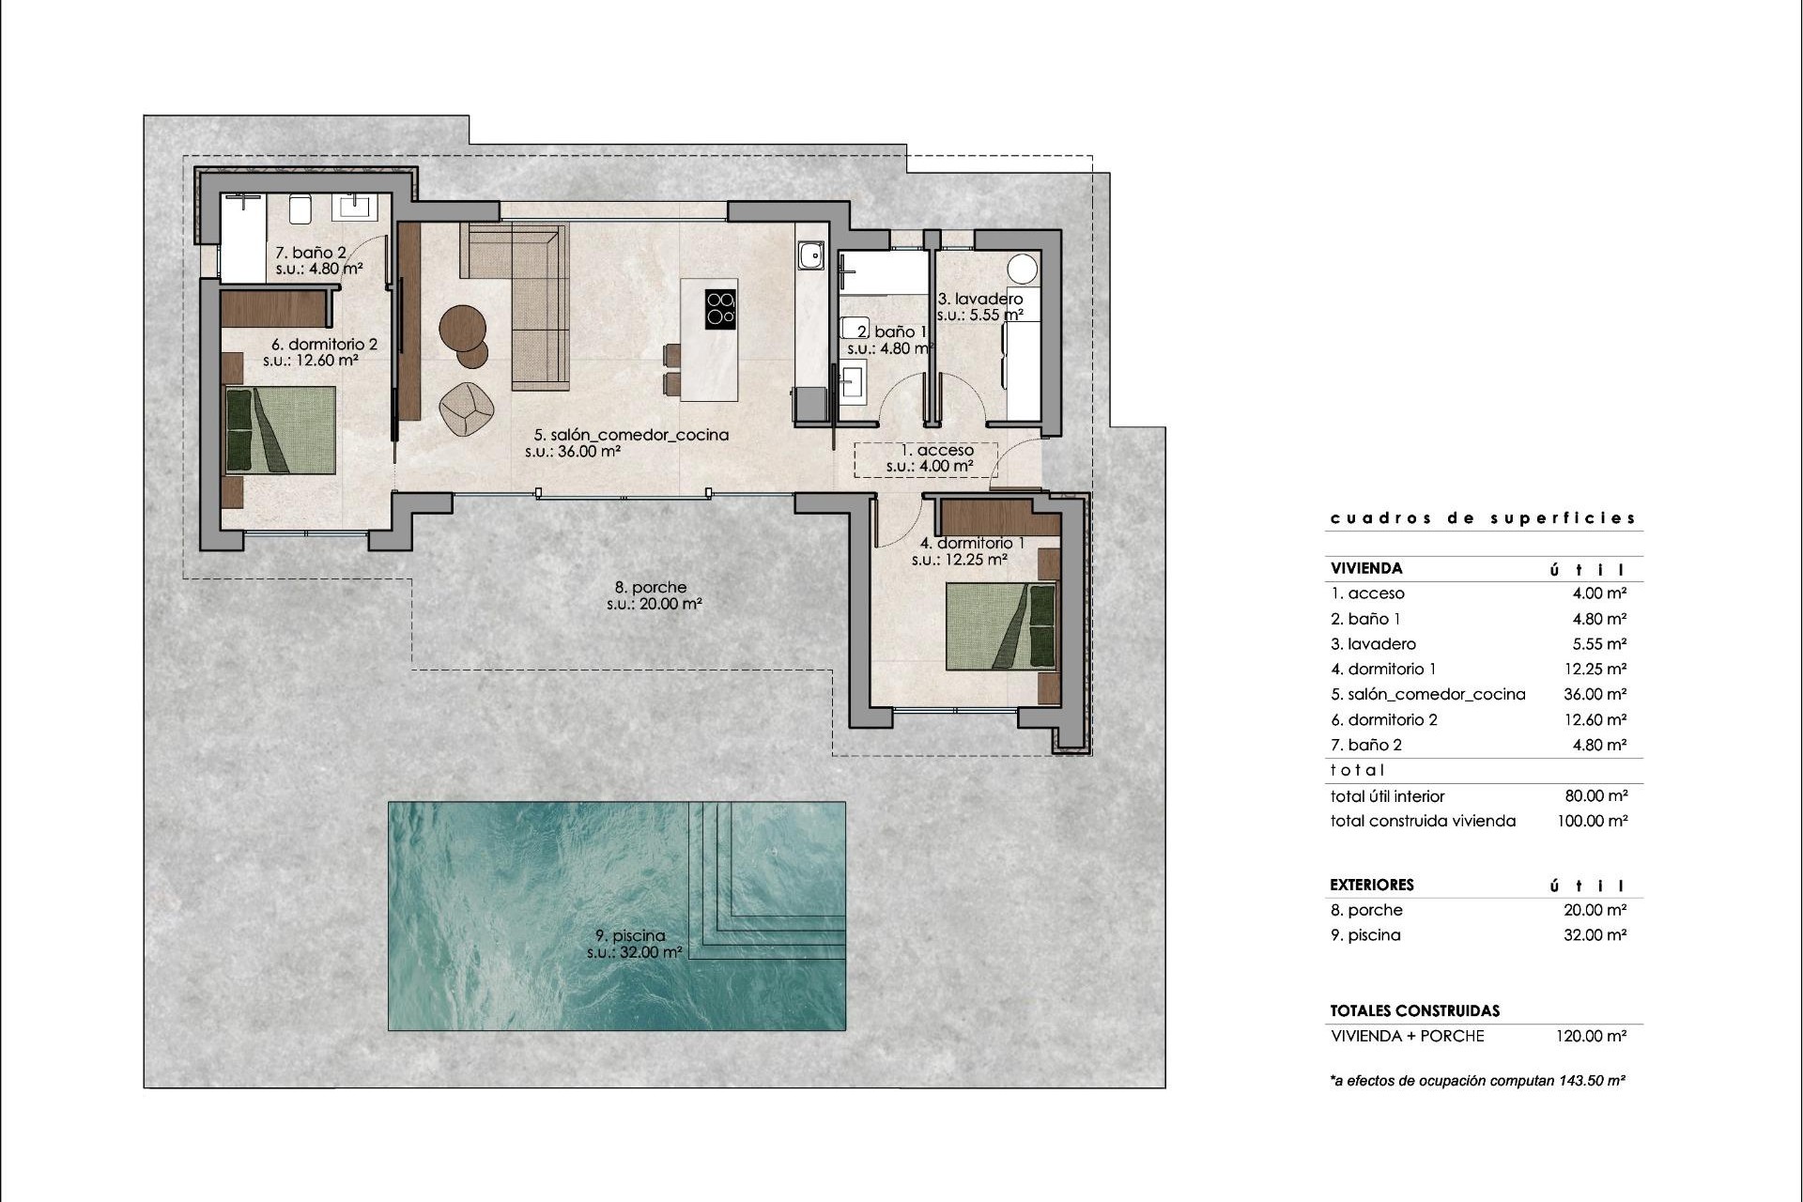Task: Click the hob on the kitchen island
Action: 720,308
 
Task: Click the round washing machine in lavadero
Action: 1024,268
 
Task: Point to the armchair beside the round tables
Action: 467,408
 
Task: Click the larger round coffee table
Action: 462,328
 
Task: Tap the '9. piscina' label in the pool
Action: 630,935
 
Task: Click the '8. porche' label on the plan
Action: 653,588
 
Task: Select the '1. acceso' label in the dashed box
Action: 930,451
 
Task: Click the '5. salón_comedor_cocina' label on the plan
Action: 631,435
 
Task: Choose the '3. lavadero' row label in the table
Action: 1373,644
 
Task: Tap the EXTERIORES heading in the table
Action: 1371,885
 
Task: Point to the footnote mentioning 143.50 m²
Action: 1477,1081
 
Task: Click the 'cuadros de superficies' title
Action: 1483,518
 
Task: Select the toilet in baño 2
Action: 300,208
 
